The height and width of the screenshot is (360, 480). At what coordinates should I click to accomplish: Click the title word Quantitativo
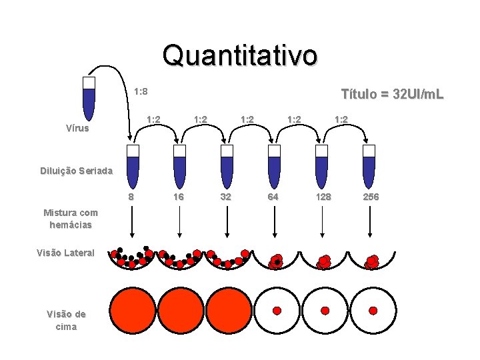point(240,55)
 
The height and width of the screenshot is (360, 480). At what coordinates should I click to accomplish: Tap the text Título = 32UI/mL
point(391,95)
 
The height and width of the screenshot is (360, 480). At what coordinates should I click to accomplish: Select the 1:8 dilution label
point(141,91)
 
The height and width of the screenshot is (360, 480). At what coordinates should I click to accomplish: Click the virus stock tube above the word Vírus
point(89,97)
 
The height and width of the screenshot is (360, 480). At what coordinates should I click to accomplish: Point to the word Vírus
point(77,128)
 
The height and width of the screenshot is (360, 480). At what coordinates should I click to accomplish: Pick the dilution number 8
point(131,197)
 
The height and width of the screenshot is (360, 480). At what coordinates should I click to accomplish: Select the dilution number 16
point(179,197)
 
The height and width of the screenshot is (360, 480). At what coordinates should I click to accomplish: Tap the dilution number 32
point(226,197)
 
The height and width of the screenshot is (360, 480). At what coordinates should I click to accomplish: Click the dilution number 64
point(273,197)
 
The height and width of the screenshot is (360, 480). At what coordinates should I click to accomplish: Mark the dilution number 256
point(371,197)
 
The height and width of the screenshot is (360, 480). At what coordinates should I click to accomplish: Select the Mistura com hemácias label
point(70,219)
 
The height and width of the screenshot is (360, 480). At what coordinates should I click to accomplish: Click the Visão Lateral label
point(67,253)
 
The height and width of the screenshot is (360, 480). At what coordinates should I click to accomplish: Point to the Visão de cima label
point(66,320)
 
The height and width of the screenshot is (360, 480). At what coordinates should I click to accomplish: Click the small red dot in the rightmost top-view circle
point(373,311)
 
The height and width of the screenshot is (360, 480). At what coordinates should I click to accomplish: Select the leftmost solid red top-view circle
point(132,311)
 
